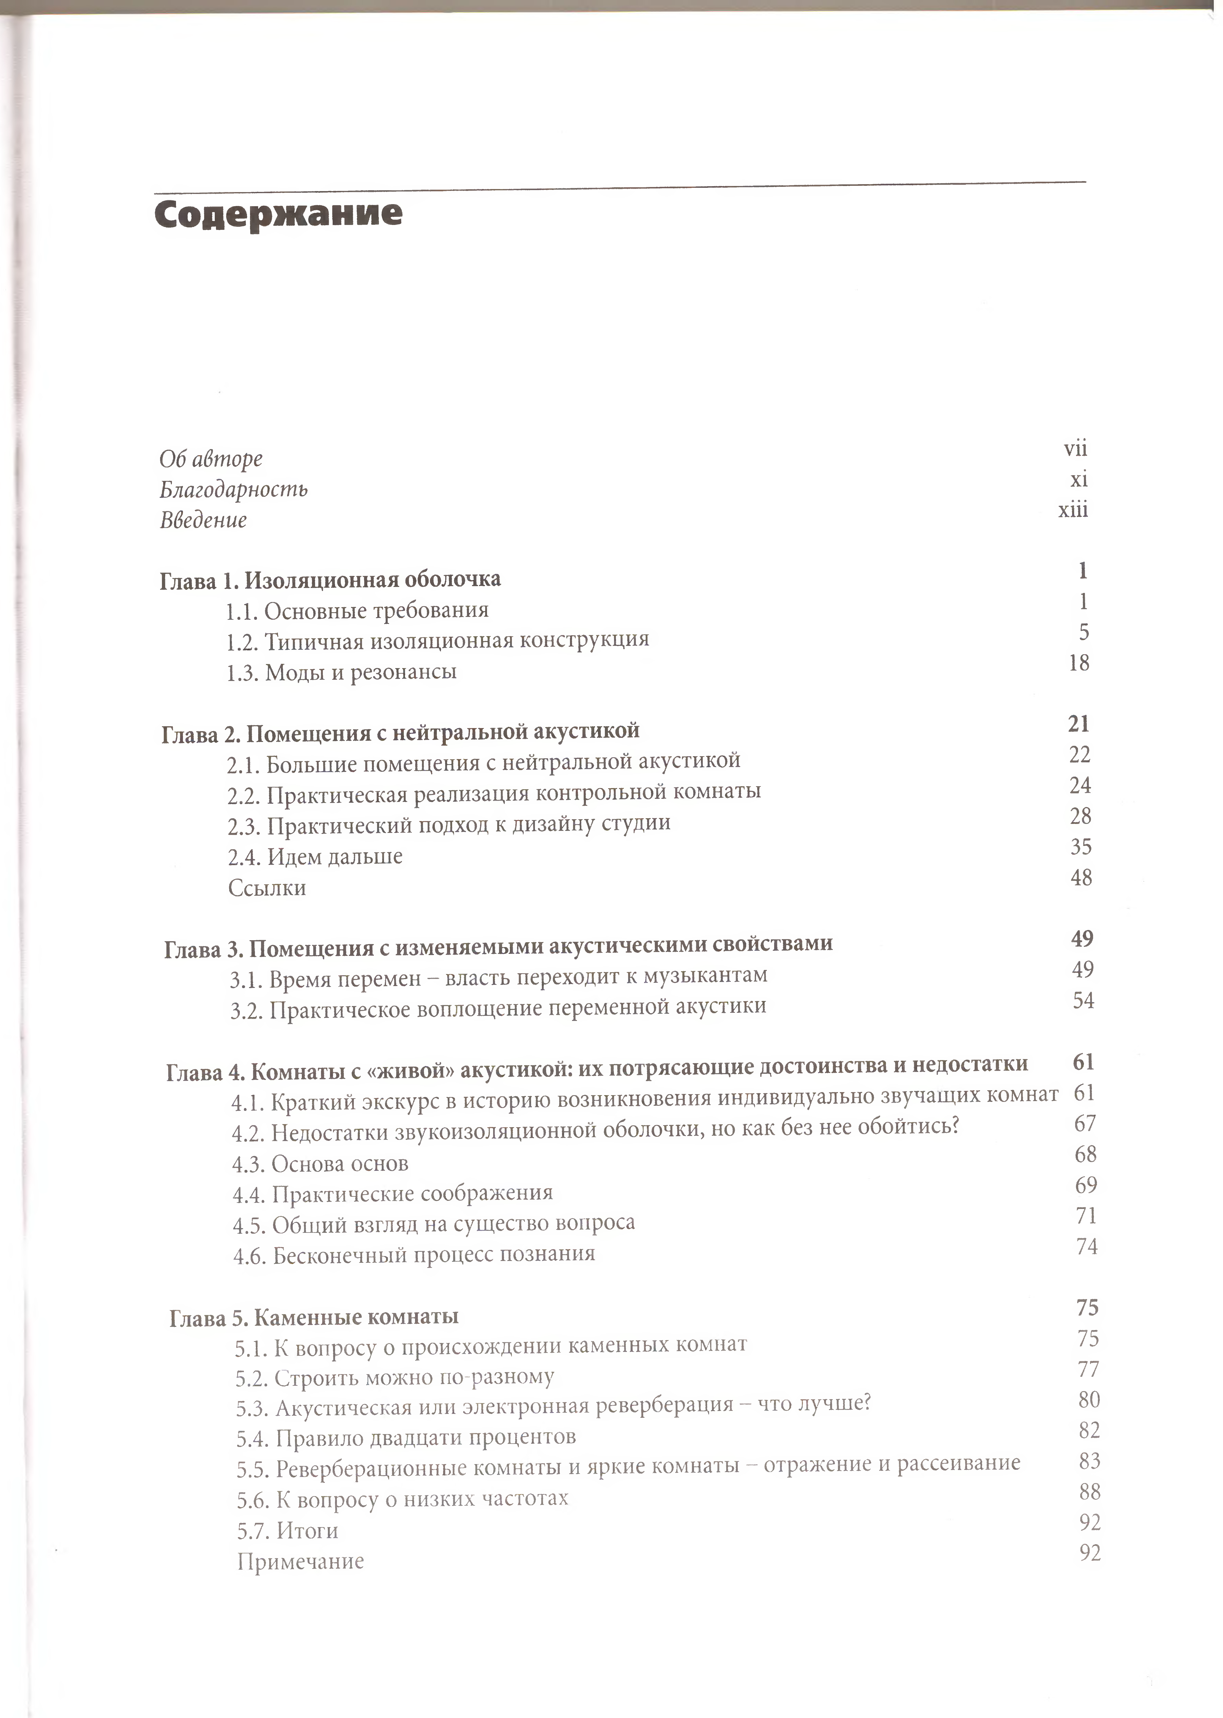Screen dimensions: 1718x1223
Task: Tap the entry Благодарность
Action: (x=234, y=490)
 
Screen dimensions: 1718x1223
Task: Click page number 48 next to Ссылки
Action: (x=1081, y=877)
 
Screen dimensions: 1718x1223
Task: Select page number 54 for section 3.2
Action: (x=1083, y=1000)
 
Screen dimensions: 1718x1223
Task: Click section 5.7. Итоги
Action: (x=287, y=1530)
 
